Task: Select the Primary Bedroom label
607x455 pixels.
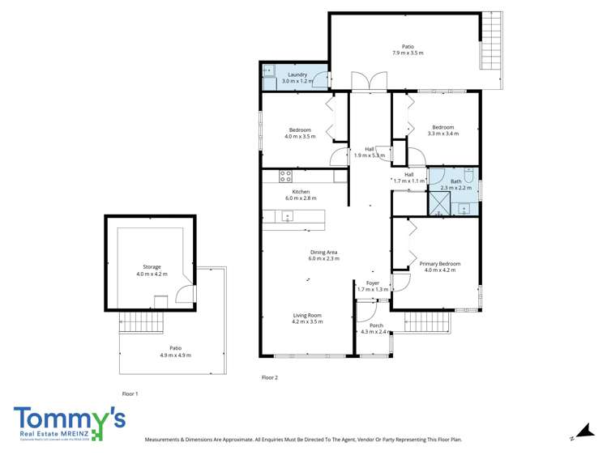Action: coord(439,266)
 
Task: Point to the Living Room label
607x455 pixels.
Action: coord(307,318)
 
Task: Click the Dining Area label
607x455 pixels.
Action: coord(324,255)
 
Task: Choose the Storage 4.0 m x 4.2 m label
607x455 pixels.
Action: coord(152,270)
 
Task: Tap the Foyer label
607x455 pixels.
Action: coord(373,286)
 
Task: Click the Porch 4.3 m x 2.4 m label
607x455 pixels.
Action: coord(376,329)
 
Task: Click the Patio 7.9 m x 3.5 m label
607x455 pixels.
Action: coord(408,49)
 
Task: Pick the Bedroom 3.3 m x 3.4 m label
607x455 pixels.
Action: coord(442,130)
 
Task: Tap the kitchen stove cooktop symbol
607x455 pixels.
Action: coord(285,176)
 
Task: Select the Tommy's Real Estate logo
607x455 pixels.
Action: coord(70,423)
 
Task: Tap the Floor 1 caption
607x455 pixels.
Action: coord(130,393)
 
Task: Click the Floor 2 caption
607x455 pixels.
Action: coord(269,377)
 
